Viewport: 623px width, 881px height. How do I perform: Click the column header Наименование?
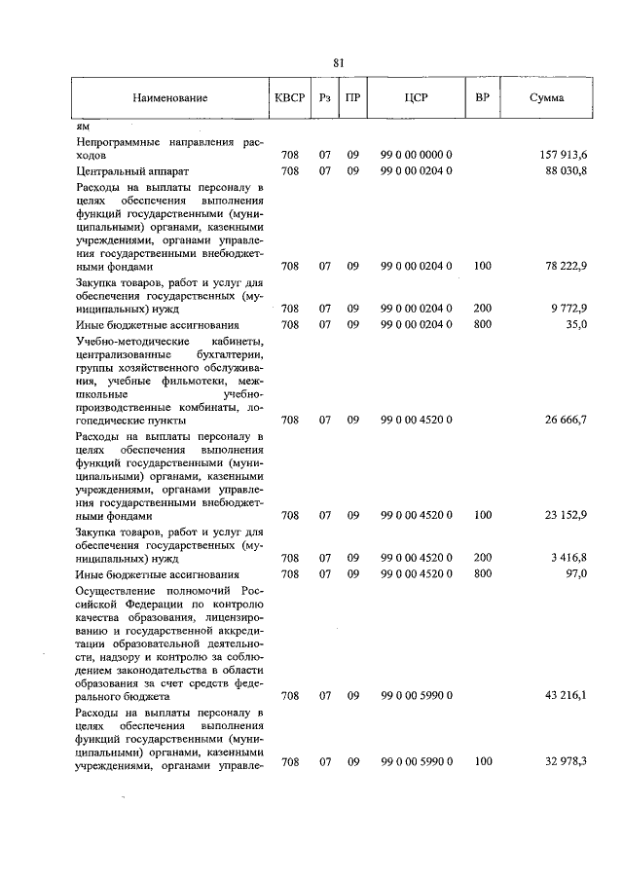coord(171,99)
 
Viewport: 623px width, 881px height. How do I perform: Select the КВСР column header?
coord(290,99)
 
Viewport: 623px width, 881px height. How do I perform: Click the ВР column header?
coord(482,99)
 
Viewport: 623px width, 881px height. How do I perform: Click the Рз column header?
coord(325,99)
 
